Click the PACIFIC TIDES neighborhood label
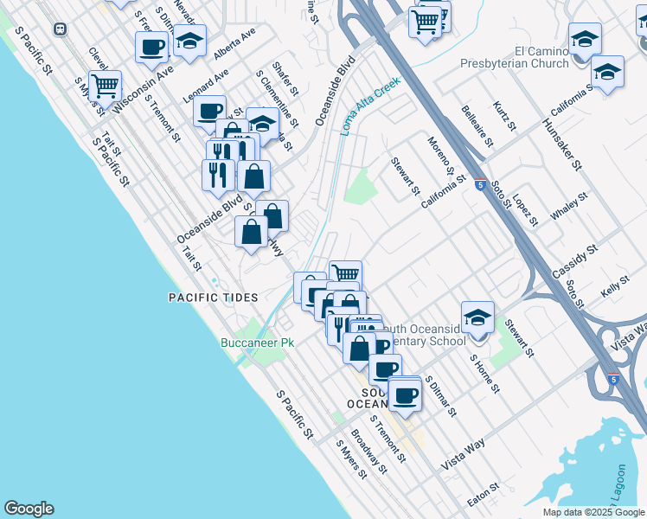tap(213, 298)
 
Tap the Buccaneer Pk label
tap(256, 343)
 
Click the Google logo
tap(29, 509)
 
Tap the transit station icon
tap(60, 29)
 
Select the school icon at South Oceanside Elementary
tap(477, 317)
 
